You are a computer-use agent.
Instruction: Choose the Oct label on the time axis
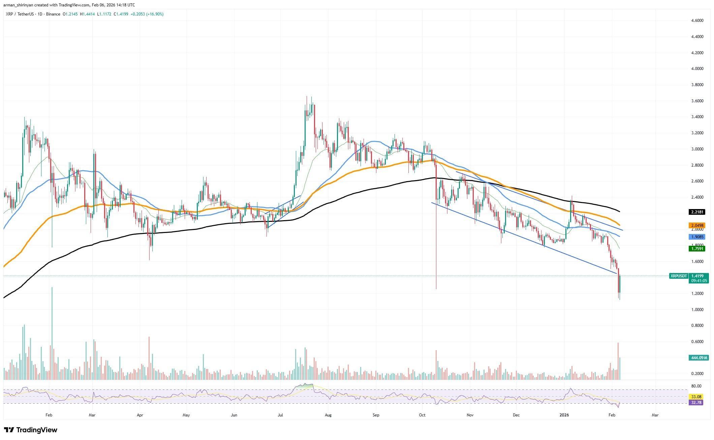[x=422, y=415]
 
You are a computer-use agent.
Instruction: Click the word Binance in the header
[x=54, y=14]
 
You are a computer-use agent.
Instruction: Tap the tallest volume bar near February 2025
[x=52, y=333]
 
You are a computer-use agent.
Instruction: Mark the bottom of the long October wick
[x=436, y=289]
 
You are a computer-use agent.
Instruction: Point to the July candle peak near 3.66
[x=307, y=97]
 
